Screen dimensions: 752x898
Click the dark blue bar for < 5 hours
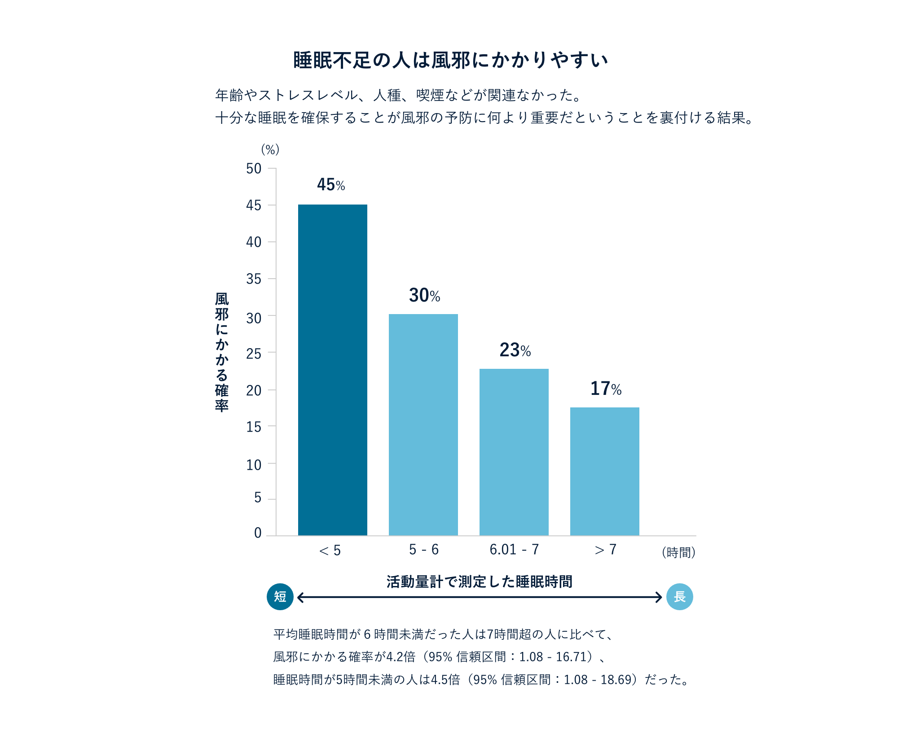click(x=333, y=370)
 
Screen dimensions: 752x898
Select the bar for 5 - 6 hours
click(x=423, y=424)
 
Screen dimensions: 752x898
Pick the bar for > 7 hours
click(x=605, y=471)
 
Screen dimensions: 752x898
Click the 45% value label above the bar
click(x=331, y=185)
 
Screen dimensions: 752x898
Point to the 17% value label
click(x=606, y=389)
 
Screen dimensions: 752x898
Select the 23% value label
click(x=515, y=350)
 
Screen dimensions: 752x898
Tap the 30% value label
click(x=424, y=295)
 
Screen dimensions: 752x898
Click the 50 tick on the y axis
click(x=254, y=169)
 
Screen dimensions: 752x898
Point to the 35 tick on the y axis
click(x=254, y=279)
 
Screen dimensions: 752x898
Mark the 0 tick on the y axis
click(x=258, y=533)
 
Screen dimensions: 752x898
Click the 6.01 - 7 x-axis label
click(x=514, y=550)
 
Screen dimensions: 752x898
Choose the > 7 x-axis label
click(x=605, y=550)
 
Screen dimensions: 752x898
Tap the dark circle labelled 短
click(x=280, y=597)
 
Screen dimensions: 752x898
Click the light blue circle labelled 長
click(x=679, y=597)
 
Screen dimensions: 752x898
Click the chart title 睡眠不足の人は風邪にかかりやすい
click(x=450, y=60)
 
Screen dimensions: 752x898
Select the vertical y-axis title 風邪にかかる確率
click(x=222, y=352)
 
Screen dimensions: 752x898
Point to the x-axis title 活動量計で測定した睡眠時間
click(x=479, y=581)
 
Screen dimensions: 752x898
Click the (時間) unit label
click(x=678, y=552)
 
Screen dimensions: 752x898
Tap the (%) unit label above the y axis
click(x=270, y=149)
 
